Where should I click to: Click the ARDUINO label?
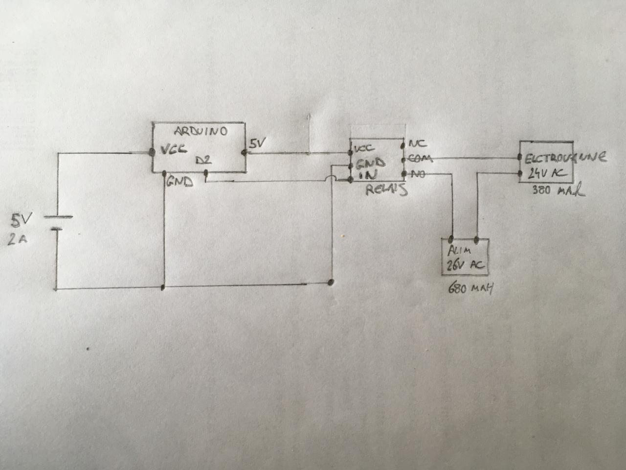(201, 132)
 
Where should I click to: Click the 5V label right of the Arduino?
(257, 144)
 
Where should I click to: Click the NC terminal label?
(419, 144)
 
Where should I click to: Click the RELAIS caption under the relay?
(386, 190)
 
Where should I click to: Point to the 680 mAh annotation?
(470, 289)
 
